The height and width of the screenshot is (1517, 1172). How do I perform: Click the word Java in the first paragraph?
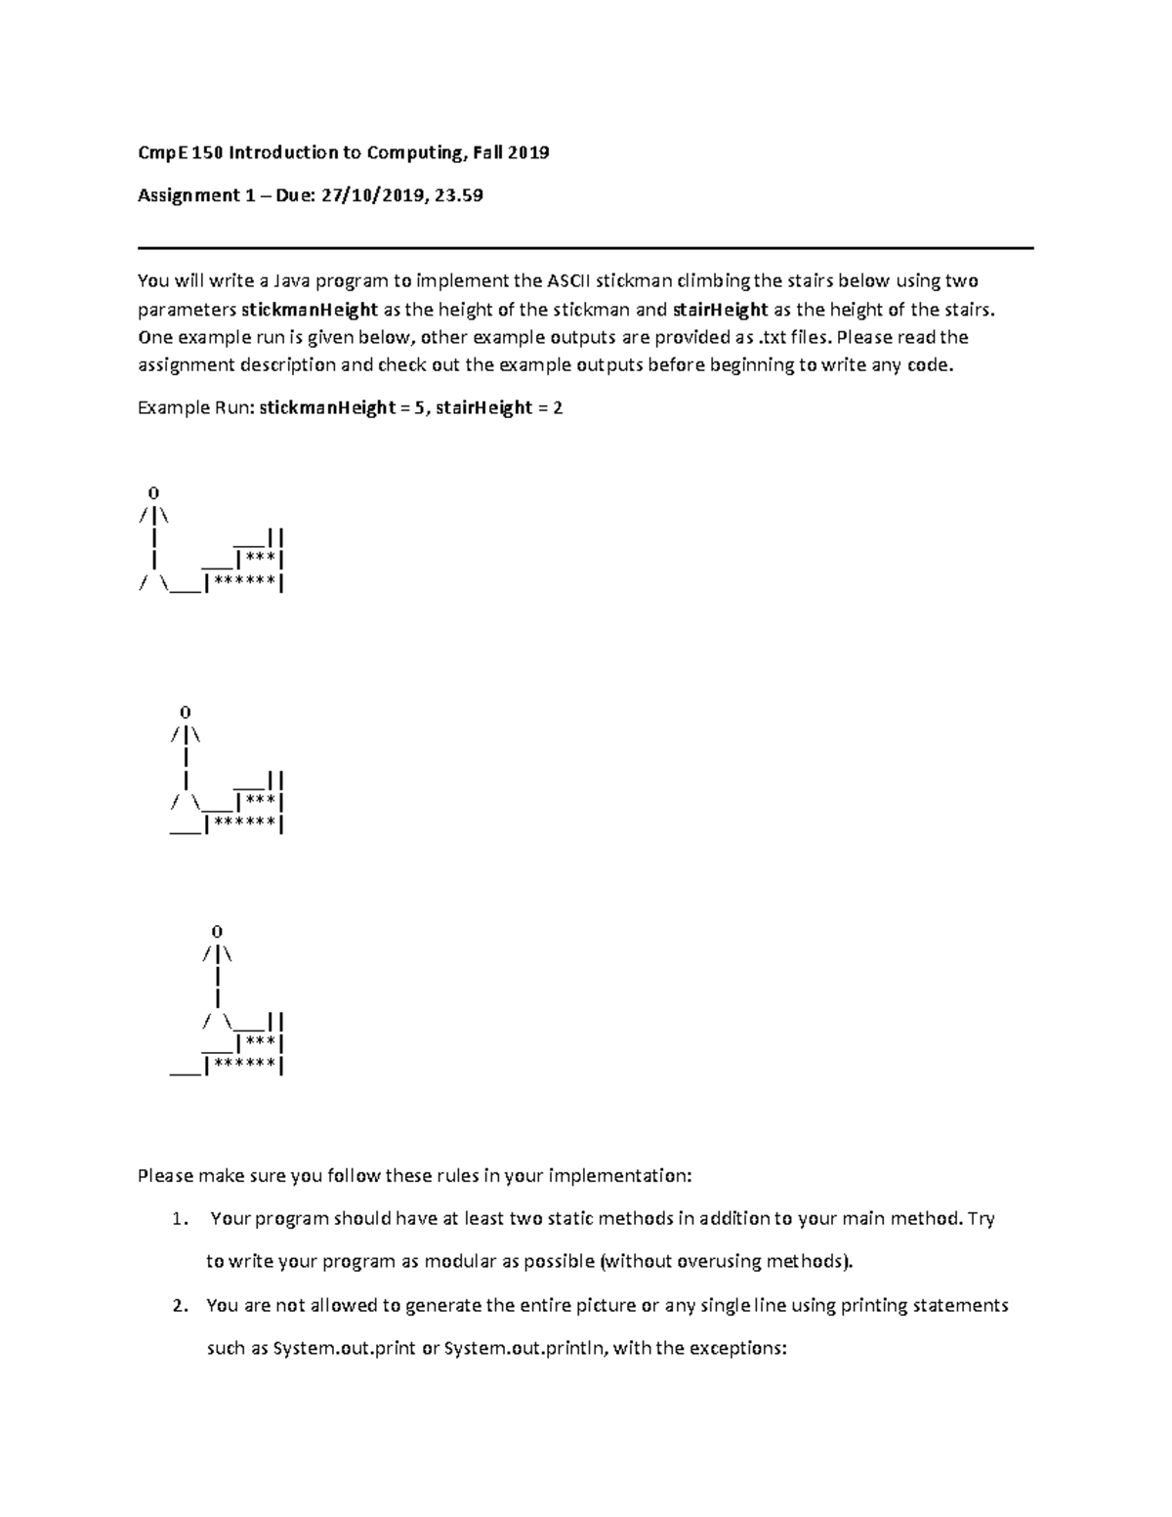(x=291, y=281)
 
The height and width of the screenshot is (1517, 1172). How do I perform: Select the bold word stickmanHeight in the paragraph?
(x=310, y=310)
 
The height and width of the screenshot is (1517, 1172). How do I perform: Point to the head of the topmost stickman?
(x=153, y=492)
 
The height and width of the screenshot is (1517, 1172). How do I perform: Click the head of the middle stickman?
(x=185, y=712)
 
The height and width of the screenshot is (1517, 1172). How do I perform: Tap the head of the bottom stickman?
(x=216, y=932)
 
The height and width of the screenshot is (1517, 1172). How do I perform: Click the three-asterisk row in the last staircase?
(x=260, y=1044)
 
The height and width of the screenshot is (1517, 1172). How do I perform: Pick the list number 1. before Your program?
(x=178, y=1219)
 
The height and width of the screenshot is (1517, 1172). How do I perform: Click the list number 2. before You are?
(x=178, y=1306)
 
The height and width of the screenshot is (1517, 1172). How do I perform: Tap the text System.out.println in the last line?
(x=527, y=1349)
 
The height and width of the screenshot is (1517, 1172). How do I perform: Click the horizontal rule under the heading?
(x=585, y=248)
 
